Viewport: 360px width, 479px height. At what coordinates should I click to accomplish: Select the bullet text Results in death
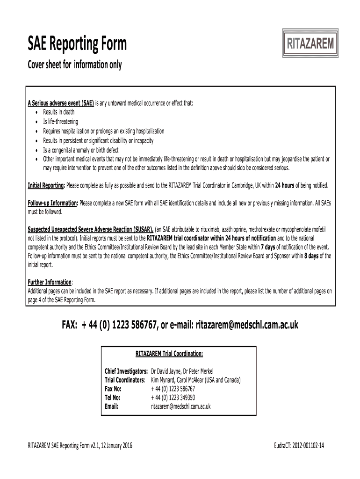click(x=58, y=112)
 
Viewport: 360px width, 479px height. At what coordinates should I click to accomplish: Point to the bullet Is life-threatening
click(x=61, y=122)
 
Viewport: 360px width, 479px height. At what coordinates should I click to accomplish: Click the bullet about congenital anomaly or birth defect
click(x=81, y=150)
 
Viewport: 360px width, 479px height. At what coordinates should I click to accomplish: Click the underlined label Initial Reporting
click(x=46, y=185)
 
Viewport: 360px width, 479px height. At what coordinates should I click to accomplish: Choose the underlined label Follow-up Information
click(x=53, y=203)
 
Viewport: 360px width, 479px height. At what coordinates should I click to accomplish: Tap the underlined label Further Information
click(x=50, y=283)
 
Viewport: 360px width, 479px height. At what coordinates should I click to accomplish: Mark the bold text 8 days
click(x=313, y=256)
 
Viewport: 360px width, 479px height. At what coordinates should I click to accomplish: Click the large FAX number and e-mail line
click(x=180, y=325)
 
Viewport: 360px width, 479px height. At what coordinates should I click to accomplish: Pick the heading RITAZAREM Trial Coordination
click(x=169, y=354)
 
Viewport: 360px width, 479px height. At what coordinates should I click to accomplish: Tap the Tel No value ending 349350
click(x=173, y=398)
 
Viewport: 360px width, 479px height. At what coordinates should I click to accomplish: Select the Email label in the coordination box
click(x=112, y=406)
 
